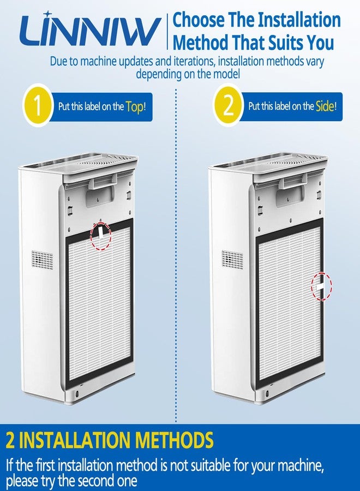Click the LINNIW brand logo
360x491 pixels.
pyautogui.click(x=90, y=31)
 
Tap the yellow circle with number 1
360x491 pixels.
pyautogui.click(x=37, y=106)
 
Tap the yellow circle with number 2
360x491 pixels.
pyautogui.click(x=228, y=106)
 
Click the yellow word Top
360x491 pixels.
pyautogui.click(x=135, y=107)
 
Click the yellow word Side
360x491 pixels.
pyautogui.click(x=325, y=106)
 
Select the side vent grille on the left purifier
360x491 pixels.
pyautogui.click(x=42, y=260)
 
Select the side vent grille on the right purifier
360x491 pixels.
pyautogui.click(x=232, y=259)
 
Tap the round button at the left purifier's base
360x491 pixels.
pyautogui.click(x=77, y=393)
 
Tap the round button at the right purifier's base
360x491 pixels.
pyautogui.click(x=267, y=393)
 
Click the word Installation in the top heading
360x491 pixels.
pyautogui.click(x=299, y=20)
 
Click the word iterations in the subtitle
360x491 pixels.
pyautogui.click(x=194, y=61)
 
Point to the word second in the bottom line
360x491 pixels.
pyautogui.click(x=97, y=481)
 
